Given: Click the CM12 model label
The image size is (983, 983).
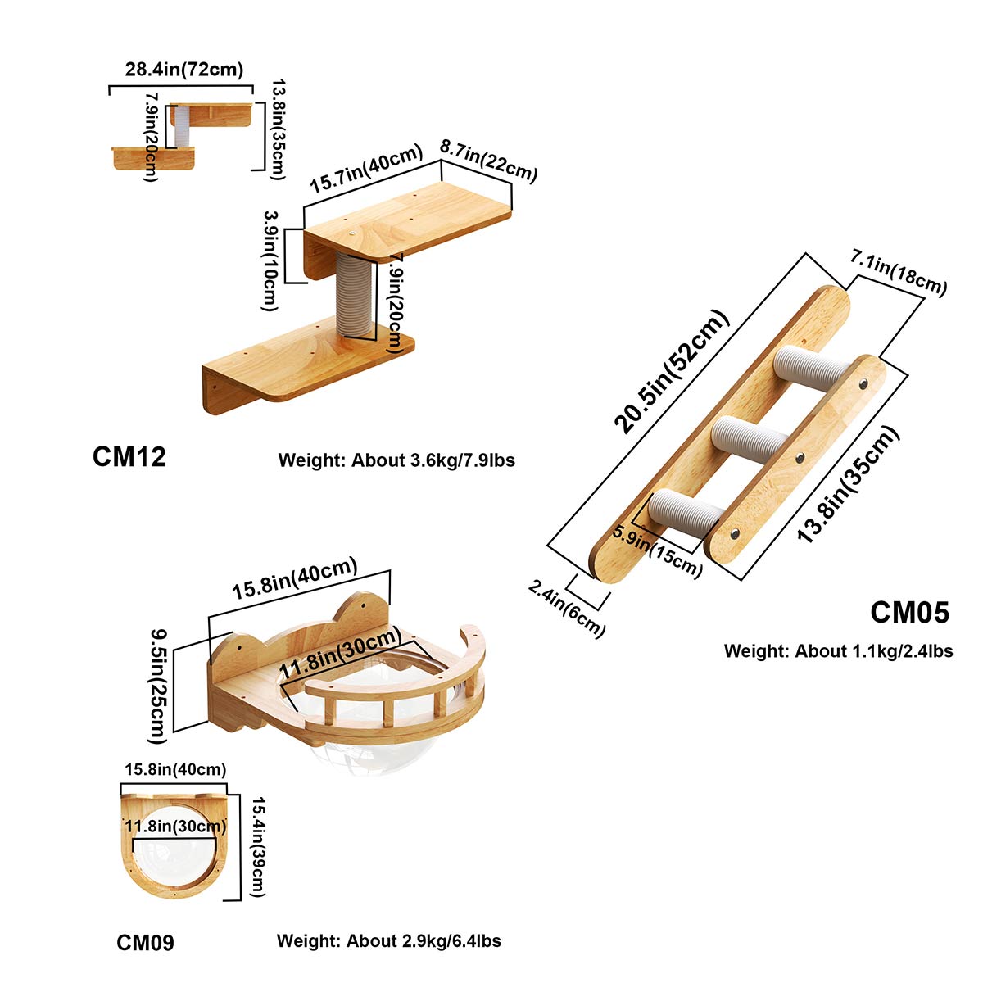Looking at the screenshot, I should point(129,457).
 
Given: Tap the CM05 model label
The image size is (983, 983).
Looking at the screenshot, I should point(909,613).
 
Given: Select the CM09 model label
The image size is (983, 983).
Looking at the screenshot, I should point(145,943).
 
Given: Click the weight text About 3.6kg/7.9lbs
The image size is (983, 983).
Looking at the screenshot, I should point(396,460).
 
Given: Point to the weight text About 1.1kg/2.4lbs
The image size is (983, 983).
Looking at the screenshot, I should point(838,651).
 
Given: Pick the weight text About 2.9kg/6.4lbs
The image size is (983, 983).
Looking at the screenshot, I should point(388,940).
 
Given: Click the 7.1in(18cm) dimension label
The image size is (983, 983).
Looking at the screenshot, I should point(899,274).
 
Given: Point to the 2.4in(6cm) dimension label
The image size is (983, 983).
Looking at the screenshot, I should point(567,608).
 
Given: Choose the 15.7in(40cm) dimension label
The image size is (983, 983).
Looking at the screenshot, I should point(366,170).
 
